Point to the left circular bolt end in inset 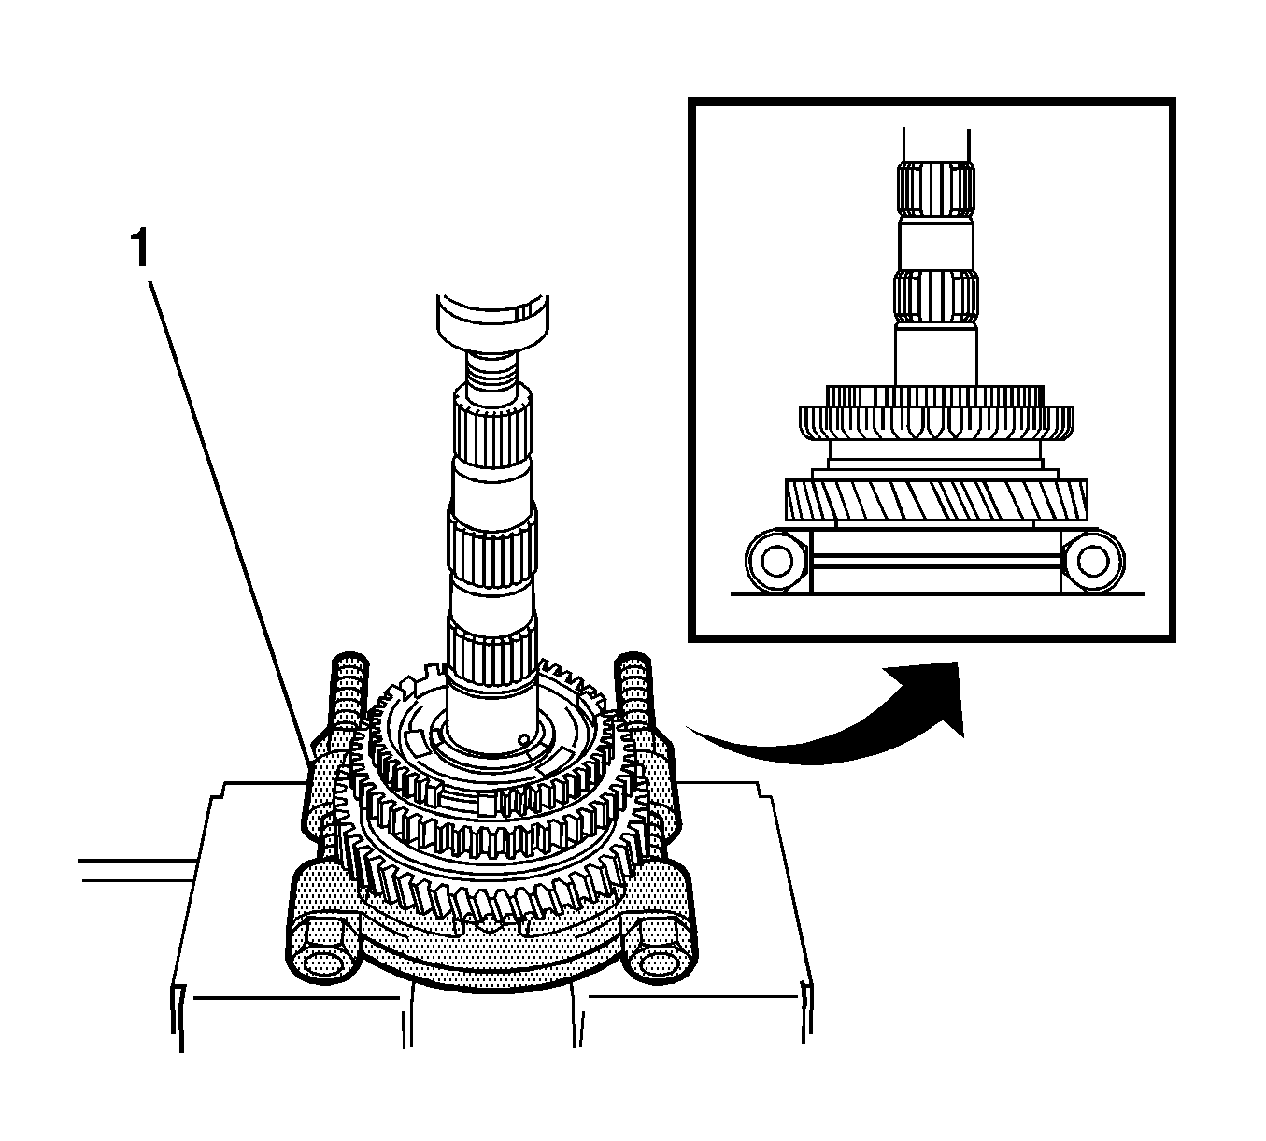(x=775, y=561)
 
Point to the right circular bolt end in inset (x=1088, y=561)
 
